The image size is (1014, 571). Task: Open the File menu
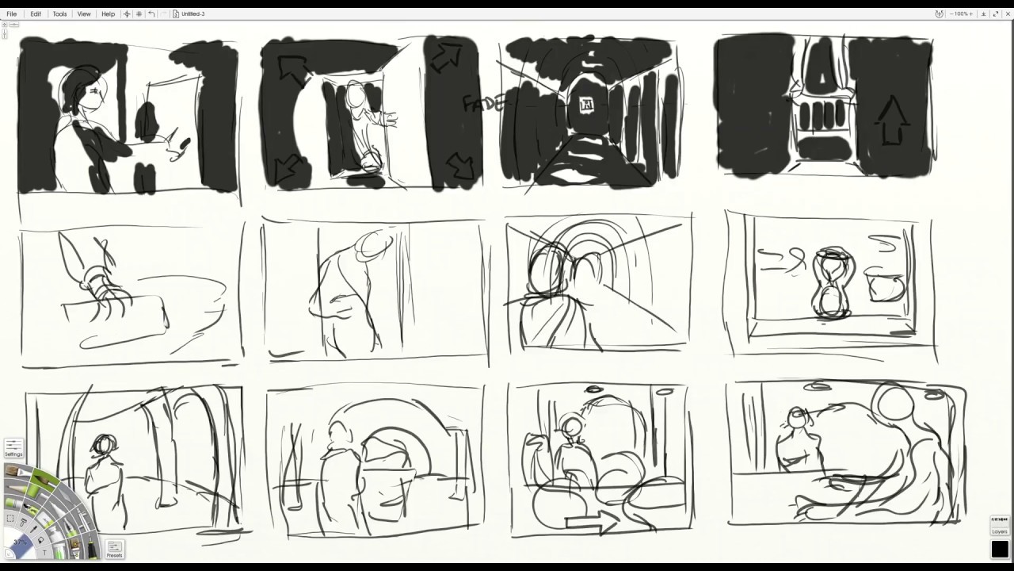(x=12, y=13)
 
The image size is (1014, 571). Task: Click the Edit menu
(x=36, y=13)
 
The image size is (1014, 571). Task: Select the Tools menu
(x=59, y=13)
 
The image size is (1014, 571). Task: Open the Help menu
(x=108, y=13)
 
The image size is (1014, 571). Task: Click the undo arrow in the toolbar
(x=151, y=13)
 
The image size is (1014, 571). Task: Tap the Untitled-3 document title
(x=193, y=13)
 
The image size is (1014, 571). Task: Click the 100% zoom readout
(x=963, y=13)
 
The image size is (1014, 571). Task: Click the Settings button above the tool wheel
(x=13, y=448)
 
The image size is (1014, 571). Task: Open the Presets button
(x=114, y=549)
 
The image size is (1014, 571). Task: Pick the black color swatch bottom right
(x=1000, y=549)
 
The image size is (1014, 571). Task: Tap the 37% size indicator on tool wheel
(x=20, y=542)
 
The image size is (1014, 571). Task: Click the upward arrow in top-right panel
(x=893, y=121)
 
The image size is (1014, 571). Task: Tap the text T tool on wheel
(x=44, y=552)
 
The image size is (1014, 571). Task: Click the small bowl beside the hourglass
(x=886, y=285)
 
